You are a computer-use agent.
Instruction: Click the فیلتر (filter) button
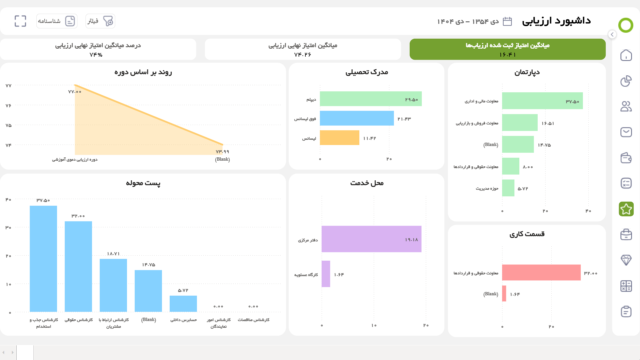click(x=100, y=21)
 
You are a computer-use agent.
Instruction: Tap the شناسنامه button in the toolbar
click(x=57, y=21)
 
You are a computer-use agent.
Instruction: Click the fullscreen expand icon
click(x=20, y=21)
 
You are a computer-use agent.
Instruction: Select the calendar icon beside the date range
click(x=507, y=21)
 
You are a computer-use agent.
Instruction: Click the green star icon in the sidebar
click(x=626, y=209)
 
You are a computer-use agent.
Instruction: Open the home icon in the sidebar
click(x=626, y=55)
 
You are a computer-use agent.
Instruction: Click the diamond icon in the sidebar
click(x=626, y=260)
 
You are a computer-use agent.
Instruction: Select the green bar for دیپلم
click(x=370, y=99)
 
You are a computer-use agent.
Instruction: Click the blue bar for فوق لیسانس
click(x=357, y=118)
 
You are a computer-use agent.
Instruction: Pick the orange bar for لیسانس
click(x=339, y=138)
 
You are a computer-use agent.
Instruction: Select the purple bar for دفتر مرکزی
click(x=371, y=239)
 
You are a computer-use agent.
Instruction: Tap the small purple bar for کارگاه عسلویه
click(x=326, y=274)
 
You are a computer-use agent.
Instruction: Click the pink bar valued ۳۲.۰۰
click(x=541, y=272)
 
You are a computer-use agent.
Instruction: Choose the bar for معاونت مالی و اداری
click(x=542, y=101)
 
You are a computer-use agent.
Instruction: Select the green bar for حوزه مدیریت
click(x=508, y=188)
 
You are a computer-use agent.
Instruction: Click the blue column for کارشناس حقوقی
click(x=78, y=267)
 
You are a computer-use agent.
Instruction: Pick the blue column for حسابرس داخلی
click(x=183, y=303)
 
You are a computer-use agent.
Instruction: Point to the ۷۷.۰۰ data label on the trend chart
click(x=75, y=92)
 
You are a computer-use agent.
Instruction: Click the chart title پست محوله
click(x=143, y=183)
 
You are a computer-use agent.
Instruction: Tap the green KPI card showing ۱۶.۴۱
click(x=507, y=49)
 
